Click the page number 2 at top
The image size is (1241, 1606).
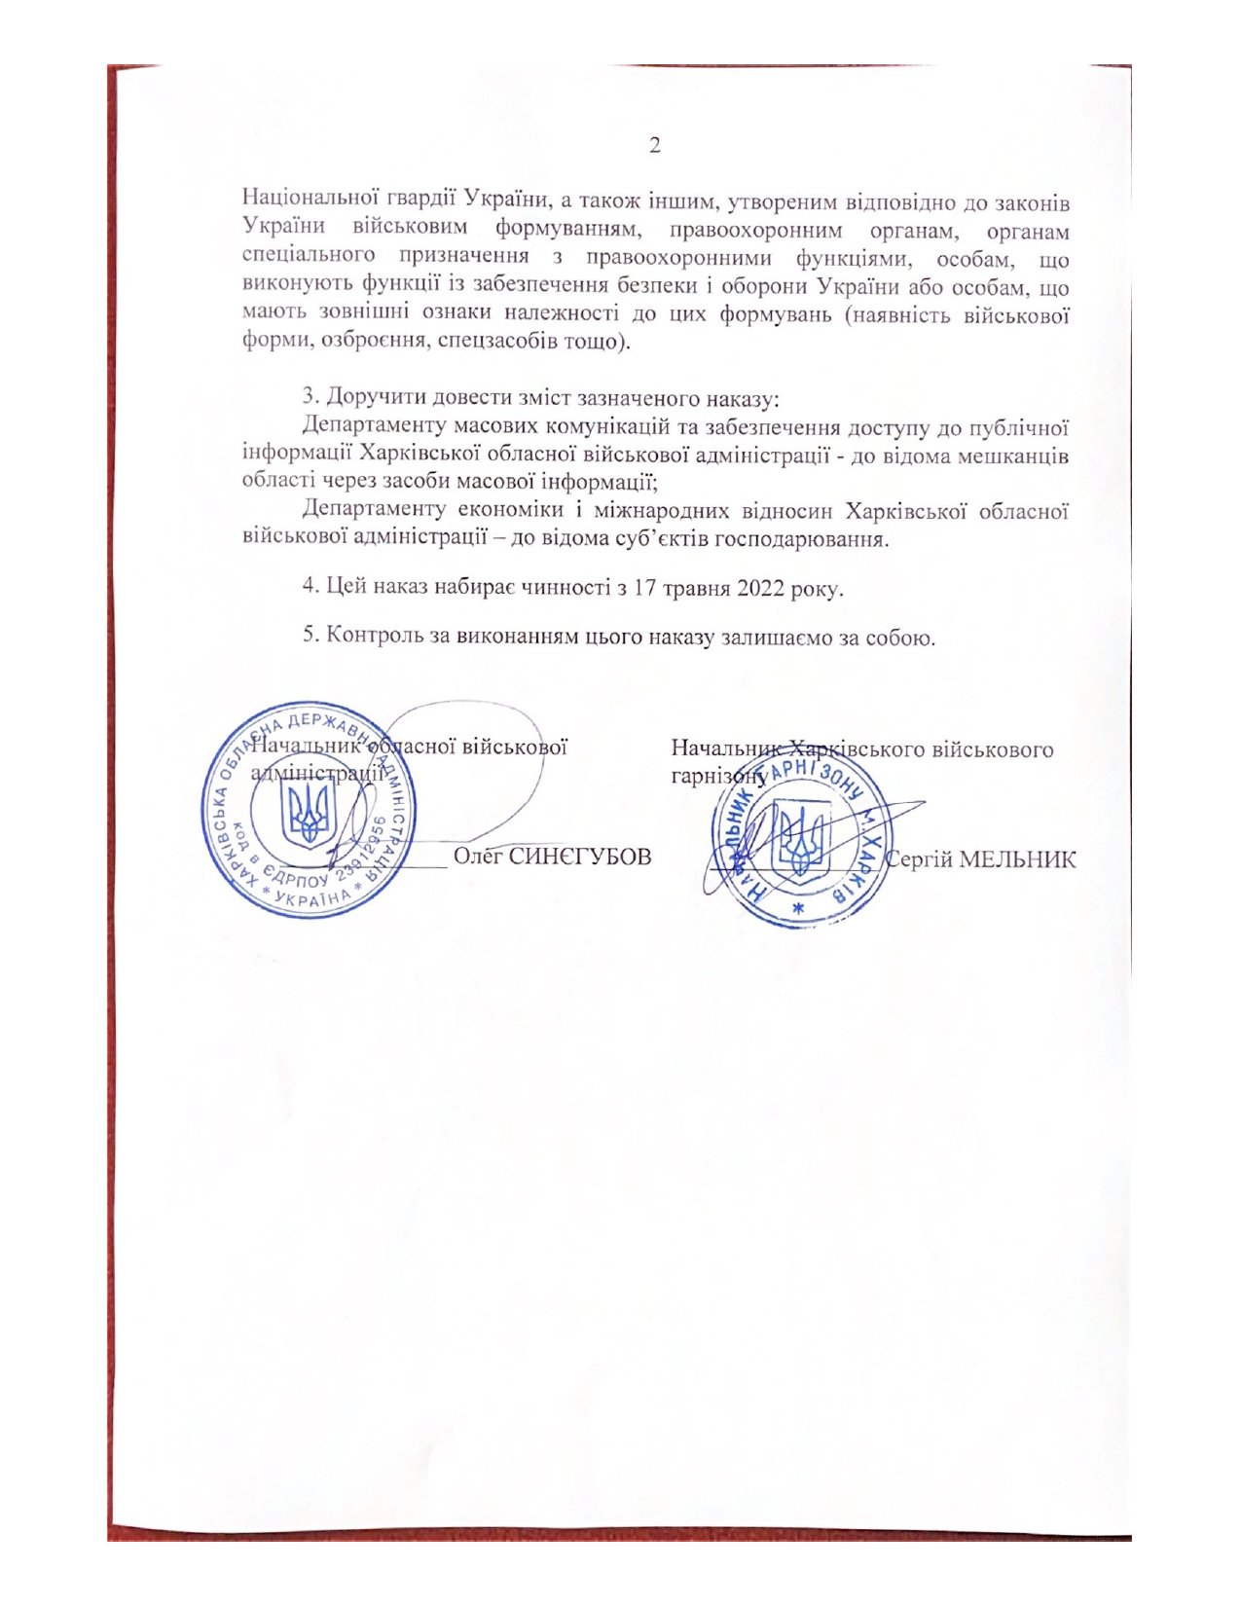655,146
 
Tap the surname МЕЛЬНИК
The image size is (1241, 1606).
1018,859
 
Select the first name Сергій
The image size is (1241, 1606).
920,859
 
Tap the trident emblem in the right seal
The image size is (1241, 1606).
801,836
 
